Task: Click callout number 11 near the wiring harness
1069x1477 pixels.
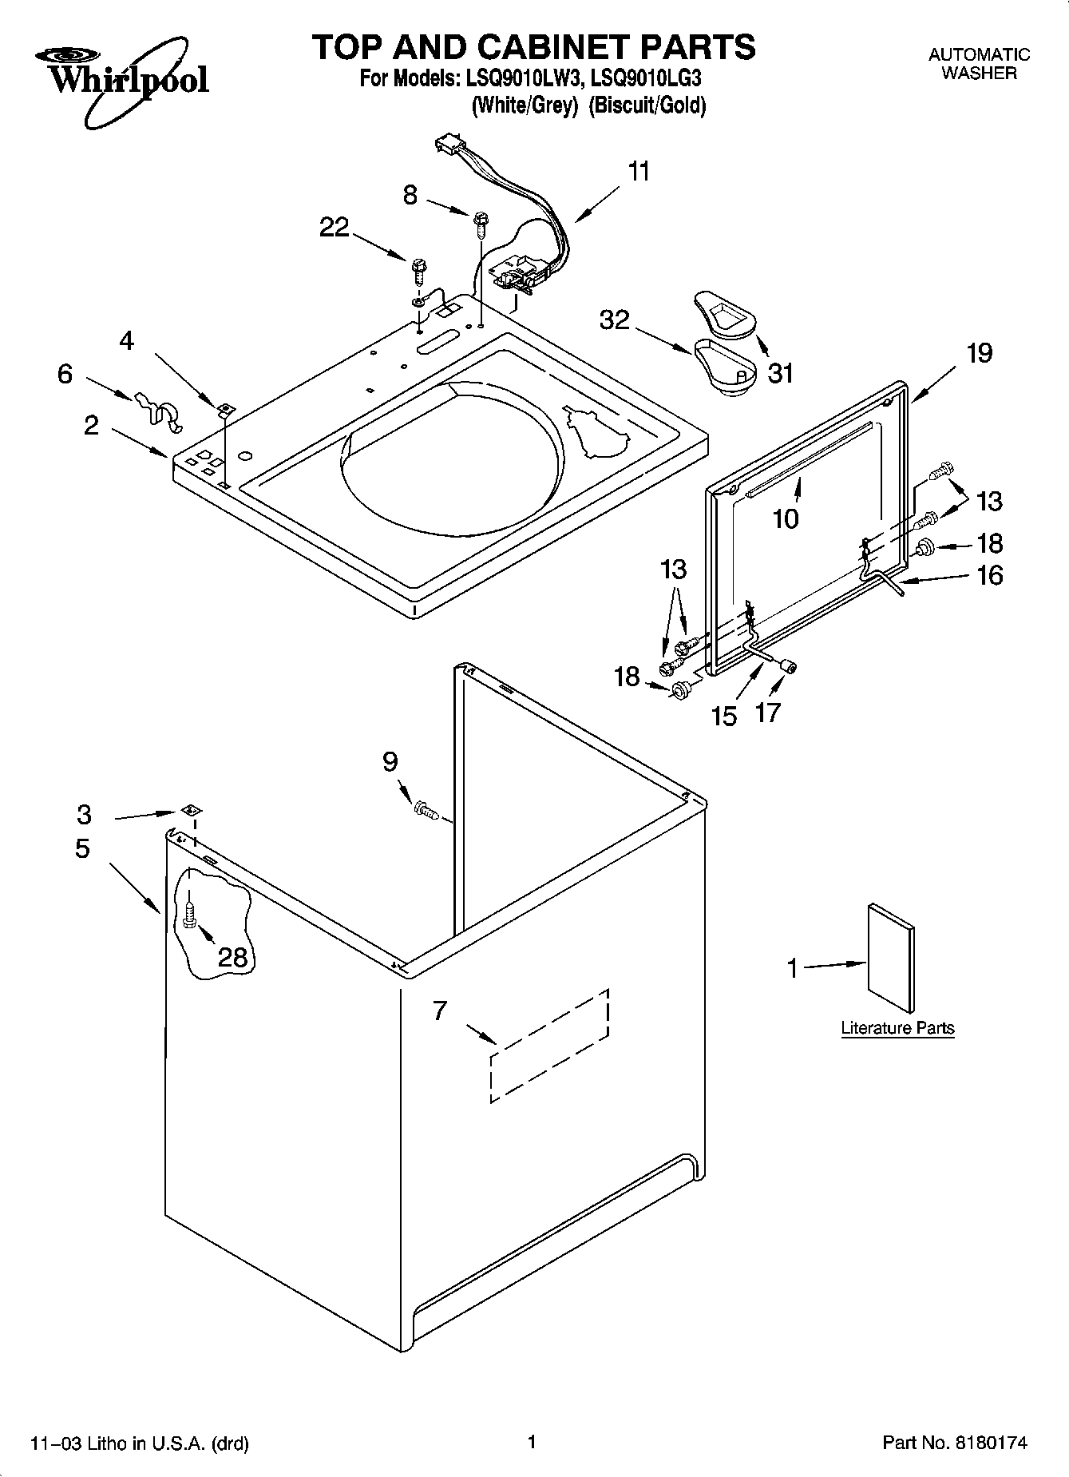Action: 639,172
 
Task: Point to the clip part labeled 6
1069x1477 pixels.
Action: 156,407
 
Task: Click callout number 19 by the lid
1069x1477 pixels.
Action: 979,352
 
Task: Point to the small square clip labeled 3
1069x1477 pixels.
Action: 190,810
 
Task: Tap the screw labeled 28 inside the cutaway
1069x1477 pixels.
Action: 188,914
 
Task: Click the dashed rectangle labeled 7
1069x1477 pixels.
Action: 549,1046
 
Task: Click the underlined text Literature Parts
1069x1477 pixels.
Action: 897,1028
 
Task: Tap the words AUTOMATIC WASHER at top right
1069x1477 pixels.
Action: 979,64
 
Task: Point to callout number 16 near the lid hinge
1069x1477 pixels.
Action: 989,575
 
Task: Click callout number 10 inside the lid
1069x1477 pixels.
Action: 786,519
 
